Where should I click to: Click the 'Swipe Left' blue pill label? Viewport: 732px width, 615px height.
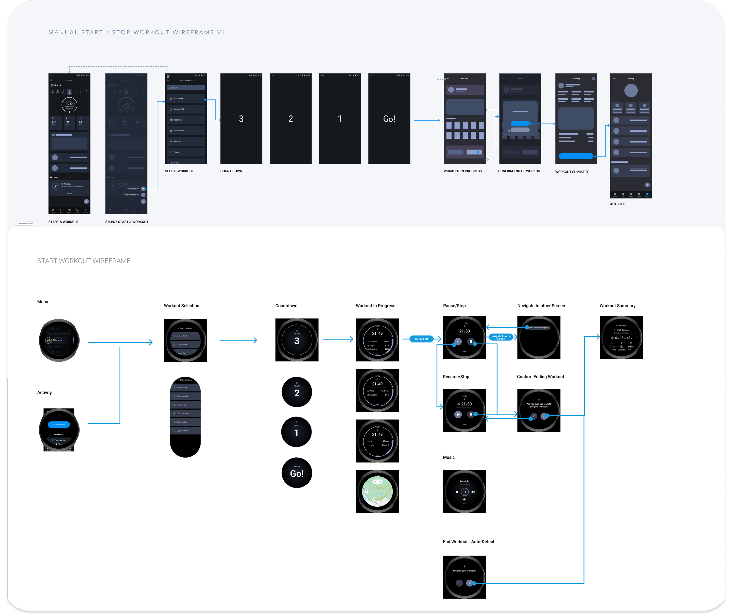tap(421, 339)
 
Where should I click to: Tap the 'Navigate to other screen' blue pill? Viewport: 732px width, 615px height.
tap(501, 337)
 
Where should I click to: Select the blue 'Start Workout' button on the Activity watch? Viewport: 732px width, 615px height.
tap(59, 424)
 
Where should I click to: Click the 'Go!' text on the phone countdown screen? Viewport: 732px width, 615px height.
tap(389, 119)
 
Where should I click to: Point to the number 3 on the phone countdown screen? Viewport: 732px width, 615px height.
tap(241, 119)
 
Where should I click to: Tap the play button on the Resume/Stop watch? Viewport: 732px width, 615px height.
tap(458, 414)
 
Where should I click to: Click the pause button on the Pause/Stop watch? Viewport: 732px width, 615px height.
tap(458, 342)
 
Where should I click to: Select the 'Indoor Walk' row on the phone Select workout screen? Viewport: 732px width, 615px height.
tap(186, 99)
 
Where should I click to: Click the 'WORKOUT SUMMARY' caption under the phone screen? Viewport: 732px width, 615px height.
tap(572, 172)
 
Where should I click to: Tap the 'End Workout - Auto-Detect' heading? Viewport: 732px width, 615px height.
tap(468, 542)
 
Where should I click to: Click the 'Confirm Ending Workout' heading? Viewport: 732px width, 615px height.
tap(540, 377)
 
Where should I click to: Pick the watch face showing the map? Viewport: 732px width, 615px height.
tap(377, 491)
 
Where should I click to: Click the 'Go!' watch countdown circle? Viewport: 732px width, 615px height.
tap(297, 473)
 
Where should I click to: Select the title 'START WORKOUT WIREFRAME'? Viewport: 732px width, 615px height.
tap(84, 261)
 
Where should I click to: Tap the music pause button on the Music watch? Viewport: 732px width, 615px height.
tap(464, 492)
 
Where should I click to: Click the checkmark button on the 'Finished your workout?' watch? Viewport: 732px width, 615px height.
tap(470, 583)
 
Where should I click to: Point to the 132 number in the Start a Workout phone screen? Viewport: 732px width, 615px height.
tap(69, 103)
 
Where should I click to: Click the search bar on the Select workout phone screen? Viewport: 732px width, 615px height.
tap(186, 88)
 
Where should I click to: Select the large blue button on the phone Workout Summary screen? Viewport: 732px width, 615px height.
tap(576, 156)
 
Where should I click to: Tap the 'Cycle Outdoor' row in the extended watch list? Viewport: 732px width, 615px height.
tap(185, 431)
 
